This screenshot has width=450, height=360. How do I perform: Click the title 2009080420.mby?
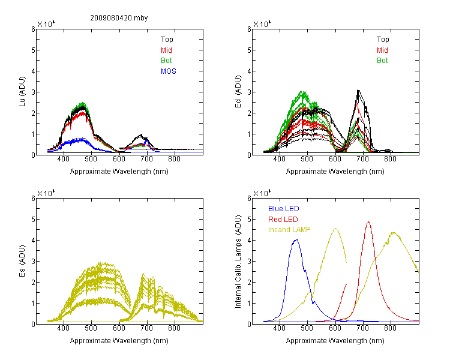(x=119, y=18)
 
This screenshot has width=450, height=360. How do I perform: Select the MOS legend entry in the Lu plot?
(x=169, y=71)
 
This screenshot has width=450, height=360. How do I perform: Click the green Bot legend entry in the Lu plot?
(x=166, y=61)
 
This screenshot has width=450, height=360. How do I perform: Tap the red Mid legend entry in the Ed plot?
(x=382, y=50)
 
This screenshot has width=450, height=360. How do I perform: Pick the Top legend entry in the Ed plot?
(x=383, y=40)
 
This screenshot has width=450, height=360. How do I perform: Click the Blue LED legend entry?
(x=284, y=209)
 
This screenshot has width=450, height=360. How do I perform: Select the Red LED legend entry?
(x=283, y=220)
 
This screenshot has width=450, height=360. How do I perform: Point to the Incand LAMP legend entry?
(x=289, y=230)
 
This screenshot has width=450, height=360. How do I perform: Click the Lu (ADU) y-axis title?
(x=22, y=92)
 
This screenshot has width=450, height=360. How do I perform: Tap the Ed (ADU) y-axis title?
(x=238, y=92)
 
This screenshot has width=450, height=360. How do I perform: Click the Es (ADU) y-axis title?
(x=22, y=261)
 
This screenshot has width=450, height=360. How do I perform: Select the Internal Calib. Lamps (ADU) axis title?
(x=238, y=262)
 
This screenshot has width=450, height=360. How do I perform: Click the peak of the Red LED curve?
(x=368, y=221)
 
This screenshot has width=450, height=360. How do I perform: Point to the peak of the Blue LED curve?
(x=296, y=239)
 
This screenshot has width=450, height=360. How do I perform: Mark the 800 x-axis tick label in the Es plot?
(x=174, y=328)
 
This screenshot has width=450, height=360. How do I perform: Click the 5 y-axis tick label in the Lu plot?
(x=33, y=50)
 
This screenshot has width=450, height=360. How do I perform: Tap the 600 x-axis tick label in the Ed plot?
(x=335, y=159)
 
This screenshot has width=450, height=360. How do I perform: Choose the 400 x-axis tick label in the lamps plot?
(x=279, y=328)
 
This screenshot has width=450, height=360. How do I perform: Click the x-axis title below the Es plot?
(x=119, y=341)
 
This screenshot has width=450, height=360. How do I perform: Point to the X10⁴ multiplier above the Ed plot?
(x=262, y=24)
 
